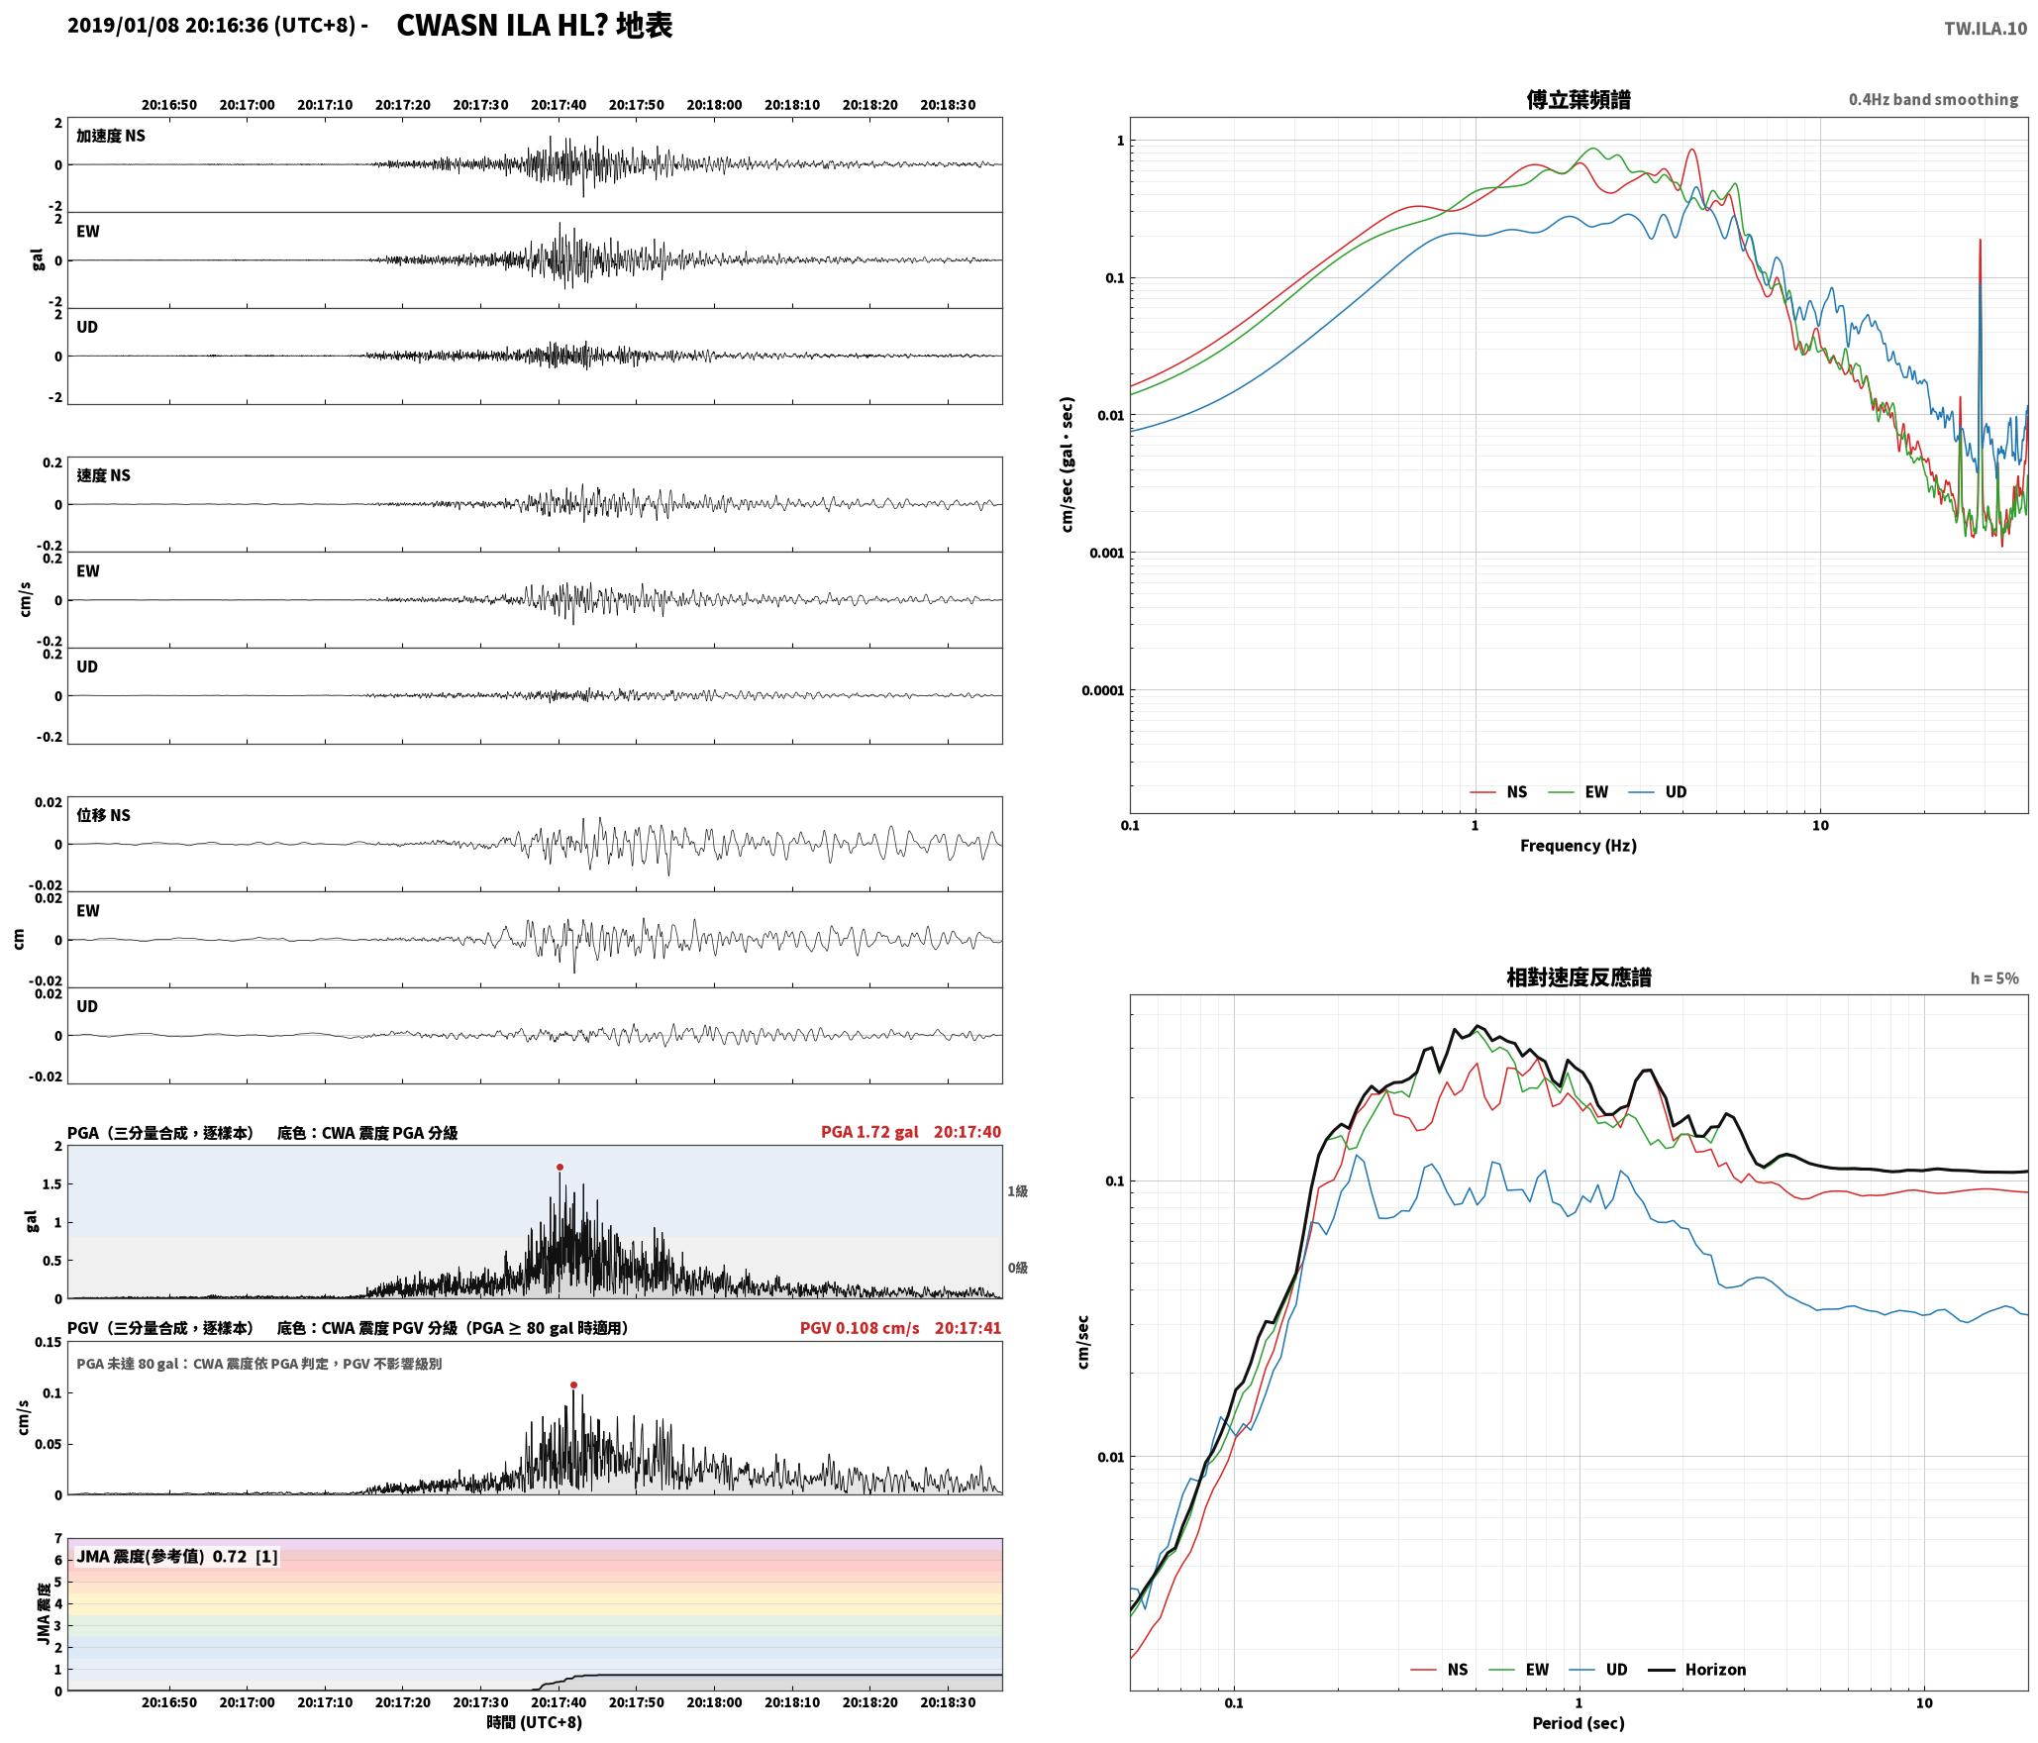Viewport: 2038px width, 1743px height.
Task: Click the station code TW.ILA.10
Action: (1985, 29)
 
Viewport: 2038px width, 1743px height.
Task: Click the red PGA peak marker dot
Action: (560, 1167)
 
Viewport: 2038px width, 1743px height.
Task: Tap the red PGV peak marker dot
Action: (573, 1384)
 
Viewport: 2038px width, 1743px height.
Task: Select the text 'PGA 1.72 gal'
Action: (869, 1131)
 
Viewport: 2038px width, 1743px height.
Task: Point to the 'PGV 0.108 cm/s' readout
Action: (860, 1327)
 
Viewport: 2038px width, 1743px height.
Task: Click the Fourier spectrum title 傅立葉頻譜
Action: (1579, 99)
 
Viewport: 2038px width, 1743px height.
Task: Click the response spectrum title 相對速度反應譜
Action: (1579, 976)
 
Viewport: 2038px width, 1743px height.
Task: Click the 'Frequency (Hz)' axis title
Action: (1579, 845)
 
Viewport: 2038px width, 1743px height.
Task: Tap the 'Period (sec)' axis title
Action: (1579, 1722)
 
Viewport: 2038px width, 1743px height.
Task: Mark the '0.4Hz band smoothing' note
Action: (1933, 99)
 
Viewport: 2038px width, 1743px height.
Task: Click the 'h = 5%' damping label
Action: (1993, 977)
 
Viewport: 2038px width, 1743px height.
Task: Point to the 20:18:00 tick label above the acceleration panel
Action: (714, 104)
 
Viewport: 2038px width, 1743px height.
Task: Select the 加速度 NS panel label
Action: (111, 136)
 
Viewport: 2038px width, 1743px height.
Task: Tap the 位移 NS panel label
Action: (104, 815)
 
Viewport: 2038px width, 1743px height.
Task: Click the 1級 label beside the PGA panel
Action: (1017, 1190)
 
